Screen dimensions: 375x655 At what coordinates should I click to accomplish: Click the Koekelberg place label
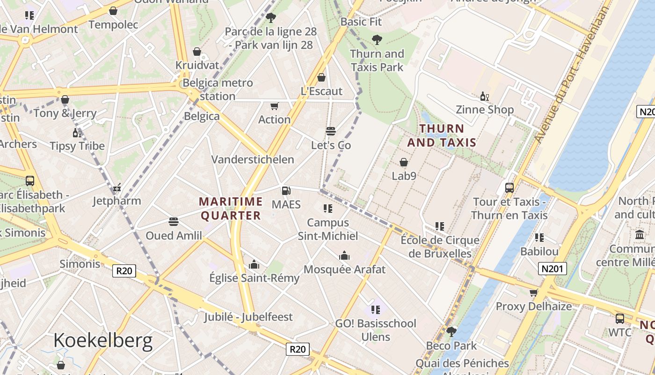[x=103, y=340]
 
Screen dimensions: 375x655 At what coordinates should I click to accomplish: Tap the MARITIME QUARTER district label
[x=231, y=209]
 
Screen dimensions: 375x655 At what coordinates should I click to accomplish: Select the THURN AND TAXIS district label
[x=442, y=135]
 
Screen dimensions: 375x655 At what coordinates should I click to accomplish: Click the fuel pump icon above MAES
[x=286, y=190]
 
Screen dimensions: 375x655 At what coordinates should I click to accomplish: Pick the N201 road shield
[x=553, y=269]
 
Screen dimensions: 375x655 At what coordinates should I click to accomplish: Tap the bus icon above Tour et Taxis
[x=509, y=188]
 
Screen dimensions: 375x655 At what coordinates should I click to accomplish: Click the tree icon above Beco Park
[x=451, y=332]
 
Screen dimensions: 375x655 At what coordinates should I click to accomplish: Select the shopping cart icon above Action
[x=275, y=106]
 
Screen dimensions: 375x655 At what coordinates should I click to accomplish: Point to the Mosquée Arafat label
[x=344, y=270]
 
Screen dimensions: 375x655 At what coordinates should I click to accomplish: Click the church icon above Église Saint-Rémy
[x=254, y=265]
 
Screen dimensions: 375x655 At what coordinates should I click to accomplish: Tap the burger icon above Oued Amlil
[x=174, y=221]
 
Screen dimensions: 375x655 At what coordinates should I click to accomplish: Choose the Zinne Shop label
[x=485, y=110]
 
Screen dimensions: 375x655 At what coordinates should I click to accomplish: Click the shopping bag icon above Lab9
[x=404, y=162]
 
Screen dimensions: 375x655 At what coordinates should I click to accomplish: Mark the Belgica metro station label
[x=218, y=90]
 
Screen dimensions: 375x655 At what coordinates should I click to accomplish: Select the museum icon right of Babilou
[x=639, y=234]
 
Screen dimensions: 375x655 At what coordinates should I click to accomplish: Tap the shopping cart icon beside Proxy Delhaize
[x=533, y=293]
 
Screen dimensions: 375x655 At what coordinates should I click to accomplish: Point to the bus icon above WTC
[x=620, y=319]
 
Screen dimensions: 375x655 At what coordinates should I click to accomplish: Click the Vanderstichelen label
[x=253, y=159]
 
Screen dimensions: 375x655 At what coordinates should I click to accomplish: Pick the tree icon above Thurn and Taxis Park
[x=377, y=40]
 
